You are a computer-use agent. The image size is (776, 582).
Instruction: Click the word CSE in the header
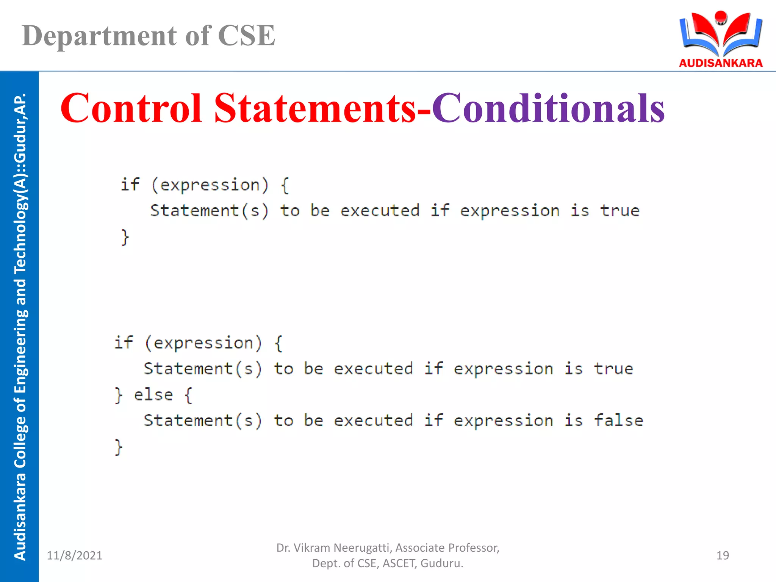pyautogui.click(x=246, y=36)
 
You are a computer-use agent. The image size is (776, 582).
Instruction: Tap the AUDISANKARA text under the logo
pyautogui.click(x=721, y=63)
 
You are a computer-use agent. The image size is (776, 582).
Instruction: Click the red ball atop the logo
pyautogui.click(x=720, y=17)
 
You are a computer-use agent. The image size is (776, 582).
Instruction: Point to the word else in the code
pyautogui.click(x=153, y=395)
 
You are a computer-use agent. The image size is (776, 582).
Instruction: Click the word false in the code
pyautogui.click(x=618, y=420)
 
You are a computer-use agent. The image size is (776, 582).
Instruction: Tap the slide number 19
pyautogui.click(x=723, y=555)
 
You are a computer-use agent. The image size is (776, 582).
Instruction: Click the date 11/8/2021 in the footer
pyautogui.click(x=74, y=555)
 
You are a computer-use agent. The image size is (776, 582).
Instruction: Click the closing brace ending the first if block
pyautogui.click(x=125, y=238)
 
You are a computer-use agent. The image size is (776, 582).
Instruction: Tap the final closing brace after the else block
pyautogui.click(x=119, y=447)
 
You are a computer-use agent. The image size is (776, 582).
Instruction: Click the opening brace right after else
pyautogui.click(x=188, y=395)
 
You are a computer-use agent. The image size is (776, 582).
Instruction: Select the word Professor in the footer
pyautogui.click(x=473, y=548)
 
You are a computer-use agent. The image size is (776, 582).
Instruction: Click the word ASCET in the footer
pyautogui.click(x=399, y=563)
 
